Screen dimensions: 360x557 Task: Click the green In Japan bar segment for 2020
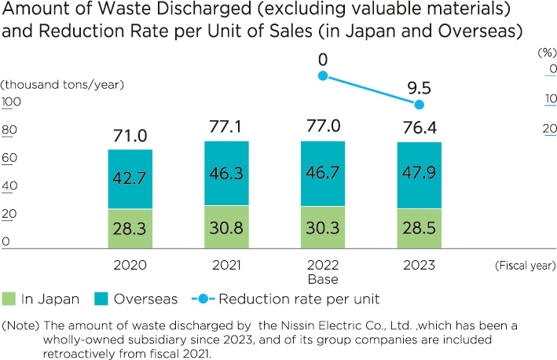coord(130,228)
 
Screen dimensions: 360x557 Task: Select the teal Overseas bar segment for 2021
coord(226,174)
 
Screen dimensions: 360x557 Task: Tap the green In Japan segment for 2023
coord(420,228)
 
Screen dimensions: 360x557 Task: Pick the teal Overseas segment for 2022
coord(323,174)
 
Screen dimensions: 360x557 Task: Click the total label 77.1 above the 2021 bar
coord(226,127)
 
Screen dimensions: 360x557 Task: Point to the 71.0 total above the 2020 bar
coord(130,135)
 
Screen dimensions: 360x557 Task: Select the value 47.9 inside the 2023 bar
coord(420,174)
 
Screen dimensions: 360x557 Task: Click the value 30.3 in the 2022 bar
coord(323,228)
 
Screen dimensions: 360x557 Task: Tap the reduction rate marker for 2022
coord(322,75)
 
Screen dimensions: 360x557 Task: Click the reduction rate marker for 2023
coord(420,105)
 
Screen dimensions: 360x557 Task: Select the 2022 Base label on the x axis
coord(323,272)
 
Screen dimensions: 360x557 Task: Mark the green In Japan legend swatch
coord(9,299)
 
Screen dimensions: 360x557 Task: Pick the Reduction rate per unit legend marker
coord(203,299)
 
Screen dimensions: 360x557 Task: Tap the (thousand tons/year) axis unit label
coord(63,84)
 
